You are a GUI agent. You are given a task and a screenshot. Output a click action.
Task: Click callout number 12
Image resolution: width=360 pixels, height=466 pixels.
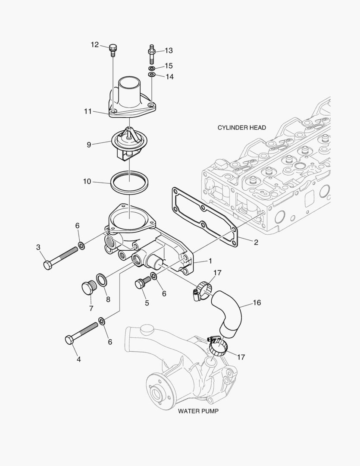95,45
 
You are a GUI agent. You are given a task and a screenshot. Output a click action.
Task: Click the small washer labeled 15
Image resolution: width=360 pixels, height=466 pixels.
152,69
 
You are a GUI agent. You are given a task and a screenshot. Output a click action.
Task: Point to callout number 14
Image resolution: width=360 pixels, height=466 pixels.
169,77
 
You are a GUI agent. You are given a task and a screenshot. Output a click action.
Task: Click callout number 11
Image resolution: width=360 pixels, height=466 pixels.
88,111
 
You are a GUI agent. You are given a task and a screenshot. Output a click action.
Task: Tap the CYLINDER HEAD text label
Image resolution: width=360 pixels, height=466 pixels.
241,128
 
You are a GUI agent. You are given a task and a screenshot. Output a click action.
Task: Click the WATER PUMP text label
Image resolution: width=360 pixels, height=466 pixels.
198,411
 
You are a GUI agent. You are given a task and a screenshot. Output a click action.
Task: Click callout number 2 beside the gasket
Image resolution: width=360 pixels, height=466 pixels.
256,242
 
